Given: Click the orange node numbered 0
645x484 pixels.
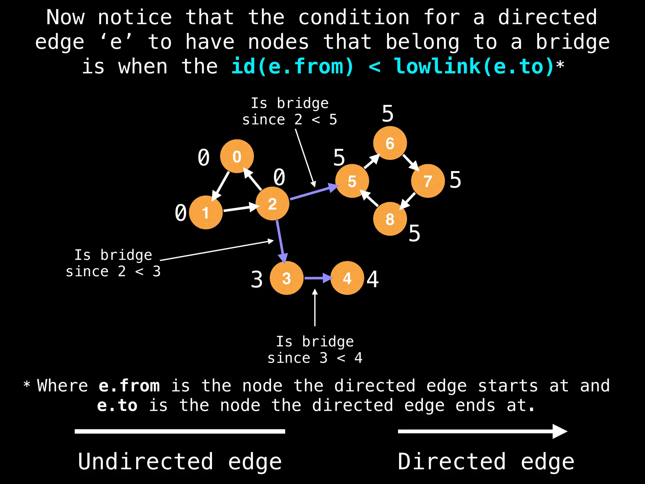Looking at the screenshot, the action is (x=237, y=156).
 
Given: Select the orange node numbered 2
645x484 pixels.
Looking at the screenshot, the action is (x=272, y=204).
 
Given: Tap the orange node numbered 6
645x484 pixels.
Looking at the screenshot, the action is (x=390, y=143).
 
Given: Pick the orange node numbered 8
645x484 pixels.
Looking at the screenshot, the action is (x=390, y=219).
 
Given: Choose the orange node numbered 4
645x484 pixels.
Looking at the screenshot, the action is (x=347, y=278).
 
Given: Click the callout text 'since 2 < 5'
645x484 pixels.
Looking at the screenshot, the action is (x=289, y=120).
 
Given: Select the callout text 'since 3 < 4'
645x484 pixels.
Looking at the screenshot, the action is (x=315, y=358).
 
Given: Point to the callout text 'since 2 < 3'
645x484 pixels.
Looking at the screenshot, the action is (x=113, y=272).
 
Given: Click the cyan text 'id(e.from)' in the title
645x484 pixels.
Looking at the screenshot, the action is (x=293, y=67).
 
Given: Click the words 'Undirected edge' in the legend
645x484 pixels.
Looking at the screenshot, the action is (x=180, y=461).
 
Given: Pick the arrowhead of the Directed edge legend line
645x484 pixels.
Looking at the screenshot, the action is (x=560, y=431).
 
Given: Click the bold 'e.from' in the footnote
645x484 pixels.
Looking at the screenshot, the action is (x=129, y=386).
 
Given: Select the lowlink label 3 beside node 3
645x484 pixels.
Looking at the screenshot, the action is (x=257, y=279).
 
